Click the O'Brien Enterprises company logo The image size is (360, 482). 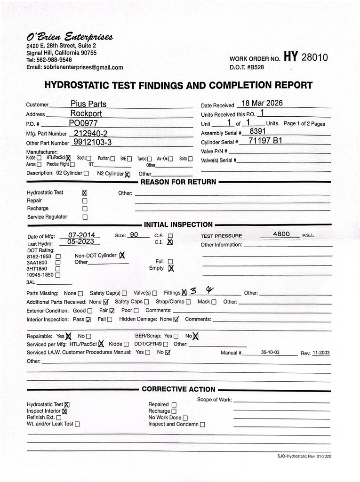[69, 37]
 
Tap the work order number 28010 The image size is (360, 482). [314, 57]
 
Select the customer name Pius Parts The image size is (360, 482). [88, 104]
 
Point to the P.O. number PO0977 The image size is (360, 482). [84, 123]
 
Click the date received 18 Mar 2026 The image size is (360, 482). [262, 103]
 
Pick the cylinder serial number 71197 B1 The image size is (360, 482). [265, 140]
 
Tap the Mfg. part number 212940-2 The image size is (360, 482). [91, 133]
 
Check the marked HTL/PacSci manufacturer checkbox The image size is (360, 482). [68, 159]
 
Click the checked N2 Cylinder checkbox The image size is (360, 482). [127, 174]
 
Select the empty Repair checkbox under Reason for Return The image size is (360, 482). [85, 201]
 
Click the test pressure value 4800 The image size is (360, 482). [281, 234]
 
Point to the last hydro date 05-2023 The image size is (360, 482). [80, 242]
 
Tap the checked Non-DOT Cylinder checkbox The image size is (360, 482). [122, 256]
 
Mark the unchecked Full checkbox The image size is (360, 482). [170, 262]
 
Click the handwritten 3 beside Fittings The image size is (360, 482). [193, 291]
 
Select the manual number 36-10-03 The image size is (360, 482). [270, 352]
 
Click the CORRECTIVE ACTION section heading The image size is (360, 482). [178, 389]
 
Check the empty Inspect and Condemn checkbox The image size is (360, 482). [202, 424]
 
